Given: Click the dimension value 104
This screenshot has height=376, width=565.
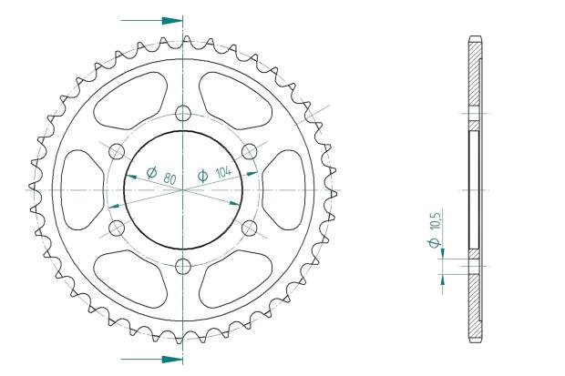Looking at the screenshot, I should click(221, 170).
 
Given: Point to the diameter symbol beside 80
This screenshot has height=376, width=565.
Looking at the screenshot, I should click(152, 170).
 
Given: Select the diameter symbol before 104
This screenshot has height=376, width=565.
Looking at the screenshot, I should click(202, 175).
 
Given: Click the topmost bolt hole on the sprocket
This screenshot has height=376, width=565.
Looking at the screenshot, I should click(183, 113).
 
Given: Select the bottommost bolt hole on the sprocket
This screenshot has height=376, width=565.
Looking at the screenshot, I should click(183, 266).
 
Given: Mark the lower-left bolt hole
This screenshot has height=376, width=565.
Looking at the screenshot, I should click(117, 228).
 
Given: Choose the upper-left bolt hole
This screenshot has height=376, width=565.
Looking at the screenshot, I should click(117, 151).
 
